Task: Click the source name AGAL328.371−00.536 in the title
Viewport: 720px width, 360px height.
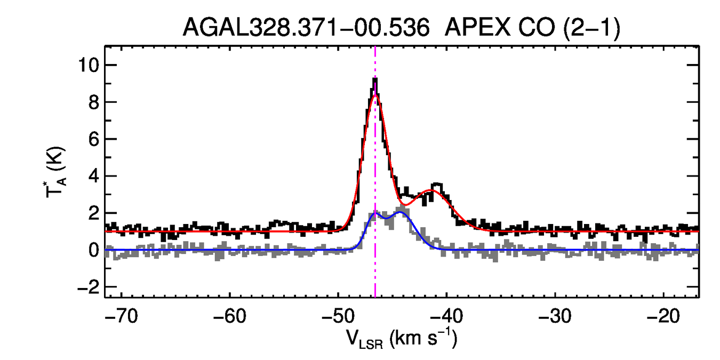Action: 306,28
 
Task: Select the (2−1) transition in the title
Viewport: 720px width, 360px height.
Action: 590,28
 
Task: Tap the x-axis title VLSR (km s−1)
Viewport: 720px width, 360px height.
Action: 402,339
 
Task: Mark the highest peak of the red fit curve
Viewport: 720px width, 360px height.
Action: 375,94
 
